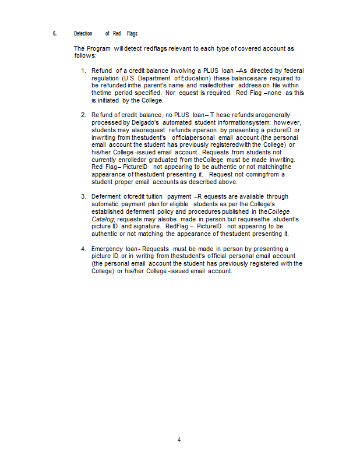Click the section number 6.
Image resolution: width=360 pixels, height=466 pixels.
pyautogui.click(x=55, y=34)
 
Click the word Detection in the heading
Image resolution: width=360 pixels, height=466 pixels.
pyautogui.click(x=83, y=34)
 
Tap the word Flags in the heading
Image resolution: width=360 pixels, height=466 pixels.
pyautogui.click(x=132, y=34)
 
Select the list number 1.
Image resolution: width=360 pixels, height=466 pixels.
pyautogui.click(x=83, y=70)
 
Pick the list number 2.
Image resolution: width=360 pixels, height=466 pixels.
pyautogui.click(x=83, y=115)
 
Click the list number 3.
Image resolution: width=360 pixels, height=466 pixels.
pyautogui.click(x=83, y=197)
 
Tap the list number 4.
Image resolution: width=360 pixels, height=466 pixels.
pyautogui.click(x=83, y=249)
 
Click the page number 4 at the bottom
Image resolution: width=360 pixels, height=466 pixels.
pyautogui.click(x=179, y=440)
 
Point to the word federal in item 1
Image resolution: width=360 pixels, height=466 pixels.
pyautogui.click(x=291, y=70)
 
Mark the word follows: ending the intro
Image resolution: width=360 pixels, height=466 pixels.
pyautogui.click(x=85, y=55)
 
